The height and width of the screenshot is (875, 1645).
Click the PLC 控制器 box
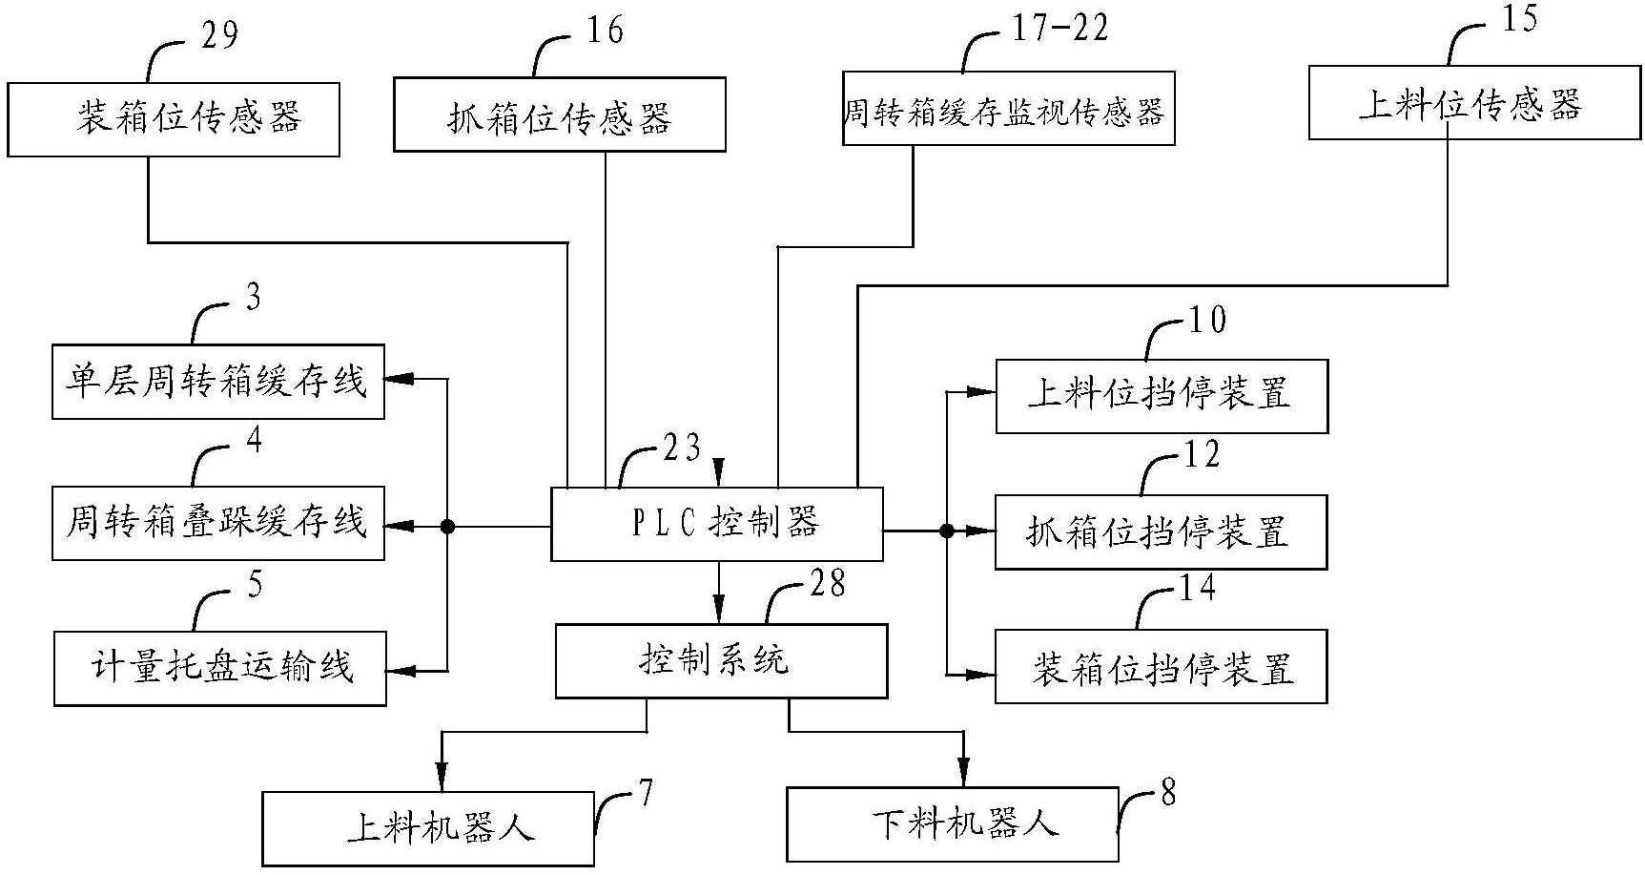tap(717, 524)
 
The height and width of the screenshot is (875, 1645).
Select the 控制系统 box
tap(721, 660)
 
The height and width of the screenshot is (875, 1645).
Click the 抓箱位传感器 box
tap(560, 115)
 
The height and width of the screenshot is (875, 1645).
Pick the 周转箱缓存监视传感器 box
tap(1008, 110)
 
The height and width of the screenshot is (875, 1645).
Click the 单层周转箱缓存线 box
tap(217, 382)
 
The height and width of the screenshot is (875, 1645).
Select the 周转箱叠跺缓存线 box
tap(217, 523)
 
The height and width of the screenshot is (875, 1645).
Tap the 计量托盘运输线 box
tap(219, 668)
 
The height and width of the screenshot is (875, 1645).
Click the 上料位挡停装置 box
tap(1162, 396)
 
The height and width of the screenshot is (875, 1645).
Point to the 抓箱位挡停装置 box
tap(1161, 532)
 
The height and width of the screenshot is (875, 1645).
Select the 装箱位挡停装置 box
tap(1161, 667)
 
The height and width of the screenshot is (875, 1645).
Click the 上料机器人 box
tap(428, 827)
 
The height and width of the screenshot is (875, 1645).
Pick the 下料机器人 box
tap(952, 823)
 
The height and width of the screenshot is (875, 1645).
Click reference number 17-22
tap(1059, 29)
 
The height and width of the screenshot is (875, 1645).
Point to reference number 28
tap(826, 584)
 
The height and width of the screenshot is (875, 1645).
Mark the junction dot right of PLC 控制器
tap(946, 531)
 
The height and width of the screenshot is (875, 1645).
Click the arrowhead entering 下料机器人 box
tap(964, 775)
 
